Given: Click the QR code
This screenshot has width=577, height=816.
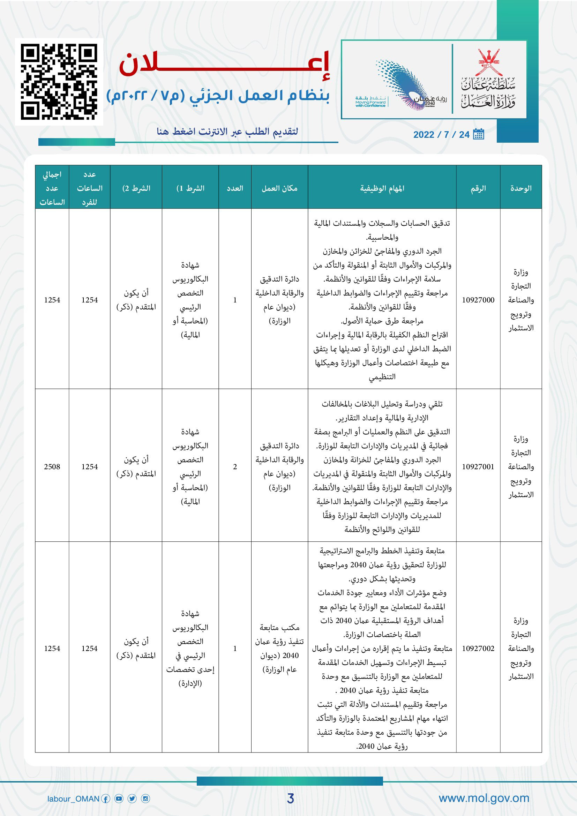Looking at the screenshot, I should [x=59, y=82].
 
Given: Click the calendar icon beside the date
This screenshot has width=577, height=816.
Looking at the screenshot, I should [x=479, y=134].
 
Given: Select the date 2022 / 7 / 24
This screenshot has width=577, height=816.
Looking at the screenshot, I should [x=441, y=135].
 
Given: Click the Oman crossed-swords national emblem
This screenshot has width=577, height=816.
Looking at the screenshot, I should [x=488, y=61].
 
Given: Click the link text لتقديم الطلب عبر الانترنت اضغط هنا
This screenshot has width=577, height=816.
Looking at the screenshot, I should [x=227, y=132].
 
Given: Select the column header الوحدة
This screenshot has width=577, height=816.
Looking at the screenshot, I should [x=520, y=188].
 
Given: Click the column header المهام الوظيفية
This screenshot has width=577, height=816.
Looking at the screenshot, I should [x=382, y=188].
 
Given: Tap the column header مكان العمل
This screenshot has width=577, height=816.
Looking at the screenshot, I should [x=279, y=188].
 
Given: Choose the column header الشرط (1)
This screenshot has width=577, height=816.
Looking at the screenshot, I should [x=190, y=188].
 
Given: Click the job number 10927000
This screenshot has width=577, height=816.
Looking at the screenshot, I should [x=478, y=300].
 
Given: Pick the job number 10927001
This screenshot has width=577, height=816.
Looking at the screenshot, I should [x=478, y=467].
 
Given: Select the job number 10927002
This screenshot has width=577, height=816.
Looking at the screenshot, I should [x=478, y=649].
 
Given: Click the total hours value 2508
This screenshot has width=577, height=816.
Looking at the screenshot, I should [x=52, y=467].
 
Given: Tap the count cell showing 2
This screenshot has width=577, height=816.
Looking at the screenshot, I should [x=235, y=467].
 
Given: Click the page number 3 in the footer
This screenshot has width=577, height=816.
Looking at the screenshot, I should [x=290, y=799].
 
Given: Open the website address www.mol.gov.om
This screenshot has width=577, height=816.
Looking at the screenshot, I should [x=484, y=798].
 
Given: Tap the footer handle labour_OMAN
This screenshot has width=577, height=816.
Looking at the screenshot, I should [x=73, y=799].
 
